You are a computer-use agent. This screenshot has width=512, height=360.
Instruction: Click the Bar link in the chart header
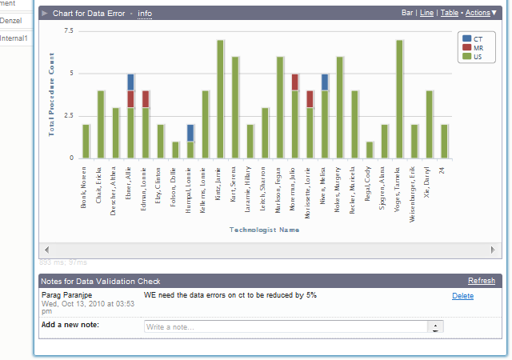click(x=407, y=13)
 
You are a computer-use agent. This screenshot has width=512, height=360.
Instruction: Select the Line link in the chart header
click(x=426, y=13)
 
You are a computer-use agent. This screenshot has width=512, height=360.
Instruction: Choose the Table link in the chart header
click(x=449, y=13)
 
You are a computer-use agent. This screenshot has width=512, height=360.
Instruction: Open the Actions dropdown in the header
click(x=481, y=13)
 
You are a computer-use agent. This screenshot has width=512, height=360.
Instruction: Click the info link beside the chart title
click(x=145, y=14)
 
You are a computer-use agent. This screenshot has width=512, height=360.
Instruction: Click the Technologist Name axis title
click(x=264, y=230)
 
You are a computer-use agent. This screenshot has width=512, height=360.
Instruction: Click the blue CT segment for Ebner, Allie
click(x=130, y=82)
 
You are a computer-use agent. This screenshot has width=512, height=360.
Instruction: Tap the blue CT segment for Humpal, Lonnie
click(x=190, y=133)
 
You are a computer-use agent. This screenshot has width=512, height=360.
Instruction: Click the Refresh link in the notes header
click(x=481, y=281)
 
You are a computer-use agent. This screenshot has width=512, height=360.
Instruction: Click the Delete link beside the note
click(x=462, y=296)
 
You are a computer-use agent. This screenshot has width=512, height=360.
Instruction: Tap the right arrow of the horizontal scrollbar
click(x=494, y=250)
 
